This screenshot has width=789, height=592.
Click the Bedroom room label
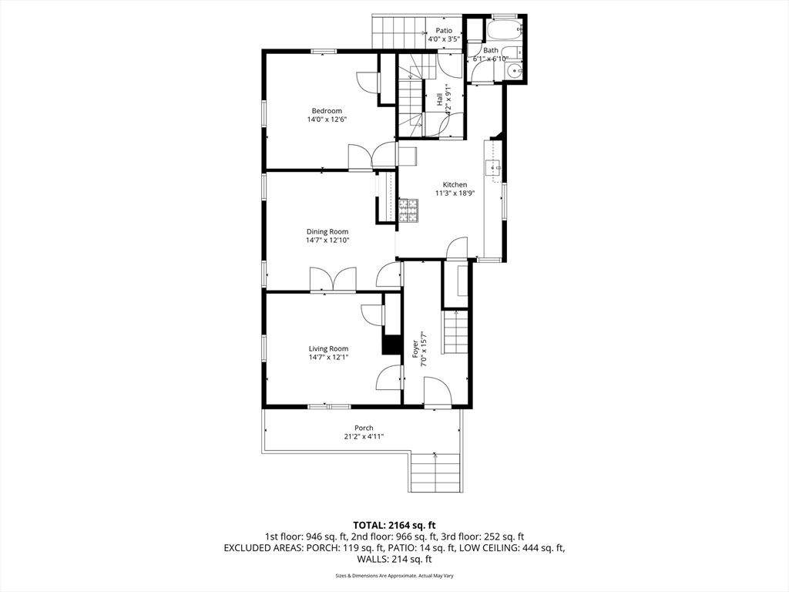(x=326, y=110)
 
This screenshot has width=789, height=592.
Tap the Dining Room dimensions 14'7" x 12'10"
(x=327, y=240)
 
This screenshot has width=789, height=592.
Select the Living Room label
(x=328, y=348)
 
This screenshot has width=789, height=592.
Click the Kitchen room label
(x=455, y=185)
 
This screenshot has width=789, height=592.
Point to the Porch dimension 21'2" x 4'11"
(x=364, y=437)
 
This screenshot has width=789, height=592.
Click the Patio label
(x=444, y=30)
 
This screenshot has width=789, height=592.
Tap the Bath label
(x=491, y=49)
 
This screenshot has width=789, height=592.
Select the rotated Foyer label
(x=415, y=348)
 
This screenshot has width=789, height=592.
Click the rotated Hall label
(x=440, y=99)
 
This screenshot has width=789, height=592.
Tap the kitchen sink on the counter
(x=492, y=166)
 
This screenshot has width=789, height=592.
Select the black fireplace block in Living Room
(x=392, y=345)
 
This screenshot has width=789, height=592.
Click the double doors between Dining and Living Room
(x=333, y=280)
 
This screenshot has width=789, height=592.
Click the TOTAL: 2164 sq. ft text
(x=394, y=524)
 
